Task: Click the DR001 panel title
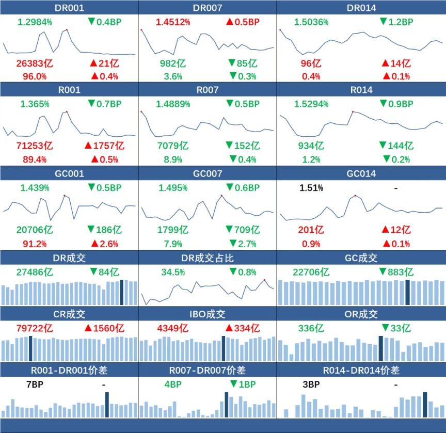coord(69,8)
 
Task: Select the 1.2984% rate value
coord(35,22)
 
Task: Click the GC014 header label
coord(361,173)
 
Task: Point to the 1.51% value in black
coord(311,188)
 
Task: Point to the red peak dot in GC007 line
coord(221,196)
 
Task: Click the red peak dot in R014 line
coord(353,111)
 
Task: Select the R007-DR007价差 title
coord(207,370)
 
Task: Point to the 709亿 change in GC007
coord(243,230)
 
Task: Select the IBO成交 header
coord(207,314)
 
